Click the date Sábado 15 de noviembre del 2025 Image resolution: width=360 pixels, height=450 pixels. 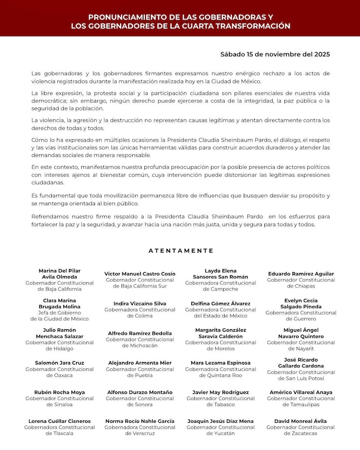[x=275, y=53]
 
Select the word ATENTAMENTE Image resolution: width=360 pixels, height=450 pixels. [x=181, y=250]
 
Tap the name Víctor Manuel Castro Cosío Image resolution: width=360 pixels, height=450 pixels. [x=140, y=274]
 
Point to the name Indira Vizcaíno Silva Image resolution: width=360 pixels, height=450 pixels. [x=140, y=303]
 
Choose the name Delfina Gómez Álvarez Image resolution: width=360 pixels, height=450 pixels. [x=220, y=303]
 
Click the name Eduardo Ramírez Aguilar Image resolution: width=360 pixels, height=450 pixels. [x=301, y=274]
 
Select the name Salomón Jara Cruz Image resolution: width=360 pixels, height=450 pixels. [x=59, y=363]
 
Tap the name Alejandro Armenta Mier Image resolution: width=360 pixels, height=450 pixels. [x=140, y=363]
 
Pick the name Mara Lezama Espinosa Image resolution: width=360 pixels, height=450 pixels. [x=220, y=363]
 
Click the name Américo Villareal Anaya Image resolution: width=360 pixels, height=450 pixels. [x=301, y=392]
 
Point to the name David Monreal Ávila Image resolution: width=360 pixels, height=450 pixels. [x=301, y=421]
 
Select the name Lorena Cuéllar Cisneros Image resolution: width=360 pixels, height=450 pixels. [x=59, y=421]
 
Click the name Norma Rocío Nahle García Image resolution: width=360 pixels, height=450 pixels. [x=140, y=421]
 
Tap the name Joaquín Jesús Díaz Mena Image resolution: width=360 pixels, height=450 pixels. [x=220, y=421]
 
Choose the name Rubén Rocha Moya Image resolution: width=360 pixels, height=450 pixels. [x=59, y=392]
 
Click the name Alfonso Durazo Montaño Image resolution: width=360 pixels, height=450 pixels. [x=140, y=392]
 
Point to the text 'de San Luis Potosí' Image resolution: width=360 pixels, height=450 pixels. [x=301, y=379]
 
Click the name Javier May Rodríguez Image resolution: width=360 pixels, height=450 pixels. [x=220, y=392]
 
